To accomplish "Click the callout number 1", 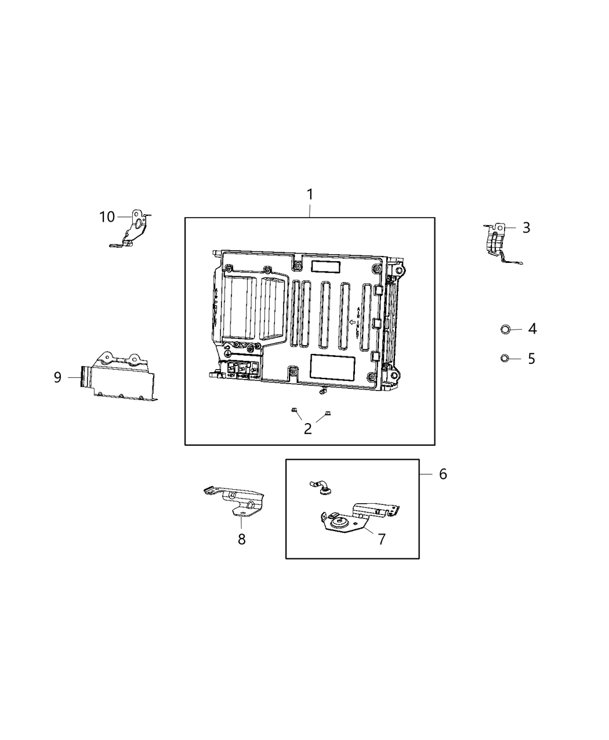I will (x=310, y=194).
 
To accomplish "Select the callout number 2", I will (x=308, y=429).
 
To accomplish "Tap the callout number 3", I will (x=526, y=228).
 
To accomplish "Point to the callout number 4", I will (x=532, y=329).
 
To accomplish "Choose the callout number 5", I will (x=531, y=359).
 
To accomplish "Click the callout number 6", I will (x=443, y=474).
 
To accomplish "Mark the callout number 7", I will (x=381, y=539).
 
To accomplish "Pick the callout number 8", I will (x=241, y=539).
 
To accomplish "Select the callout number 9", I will (x=57, y=378).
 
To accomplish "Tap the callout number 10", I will (x=107, y=217).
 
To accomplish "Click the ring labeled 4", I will (x=505, y=330).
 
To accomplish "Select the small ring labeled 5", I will (x=505, y=359).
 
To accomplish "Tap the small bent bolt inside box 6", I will (x=321, y=486).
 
